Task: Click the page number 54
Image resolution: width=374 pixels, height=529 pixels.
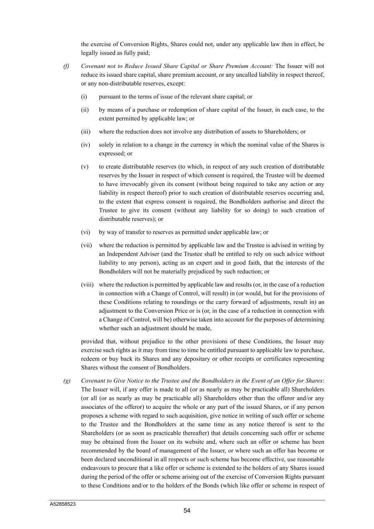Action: pyautogui.click(x=187, y=511)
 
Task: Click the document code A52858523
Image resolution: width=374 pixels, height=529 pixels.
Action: pyautogui.click(x=62, y=504)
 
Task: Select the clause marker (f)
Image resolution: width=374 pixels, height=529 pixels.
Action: pyautogui.click(x=66, y=66)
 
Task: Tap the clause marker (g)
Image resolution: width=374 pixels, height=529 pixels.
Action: pyautogui.click(x=67, y=381)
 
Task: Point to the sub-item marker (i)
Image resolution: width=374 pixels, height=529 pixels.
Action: pyautogui.click(x=84, y=96)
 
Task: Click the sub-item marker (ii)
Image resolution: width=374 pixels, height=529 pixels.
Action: pyautogui.click(x=85, y=110)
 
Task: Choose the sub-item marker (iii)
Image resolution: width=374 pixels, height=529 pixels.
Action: pyautogui.click(x=86, y=131)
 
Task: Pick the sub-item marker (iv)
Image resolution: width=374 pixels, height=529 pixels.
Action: pyautogui.click(x=86, y=145)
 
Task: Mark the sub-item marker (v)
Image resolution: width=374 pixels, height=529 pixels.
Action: pyautogui.click(x=84, y=167)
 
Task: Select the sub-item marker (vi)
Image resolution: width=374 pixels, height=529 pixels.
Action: pyautogui.click(x=86, y=232)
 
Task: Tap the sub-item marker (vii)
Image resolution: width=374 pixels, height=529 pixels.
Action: pyautogui.click(x=86, y=245)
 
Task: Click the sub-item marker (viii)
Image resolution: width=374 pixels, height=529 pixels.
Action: pyautogui.click(x=87, y=284)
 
